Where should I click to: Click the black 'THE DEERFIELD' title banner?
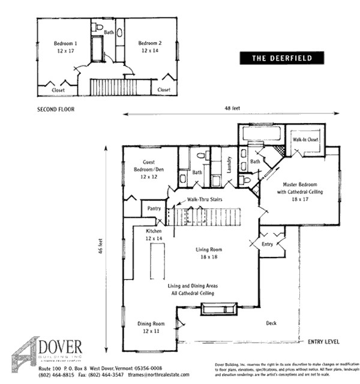pos(281,58)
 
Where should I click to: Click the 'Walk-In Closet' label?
pos(305,140)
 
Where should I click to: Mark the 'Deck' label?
pos(272,323)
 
